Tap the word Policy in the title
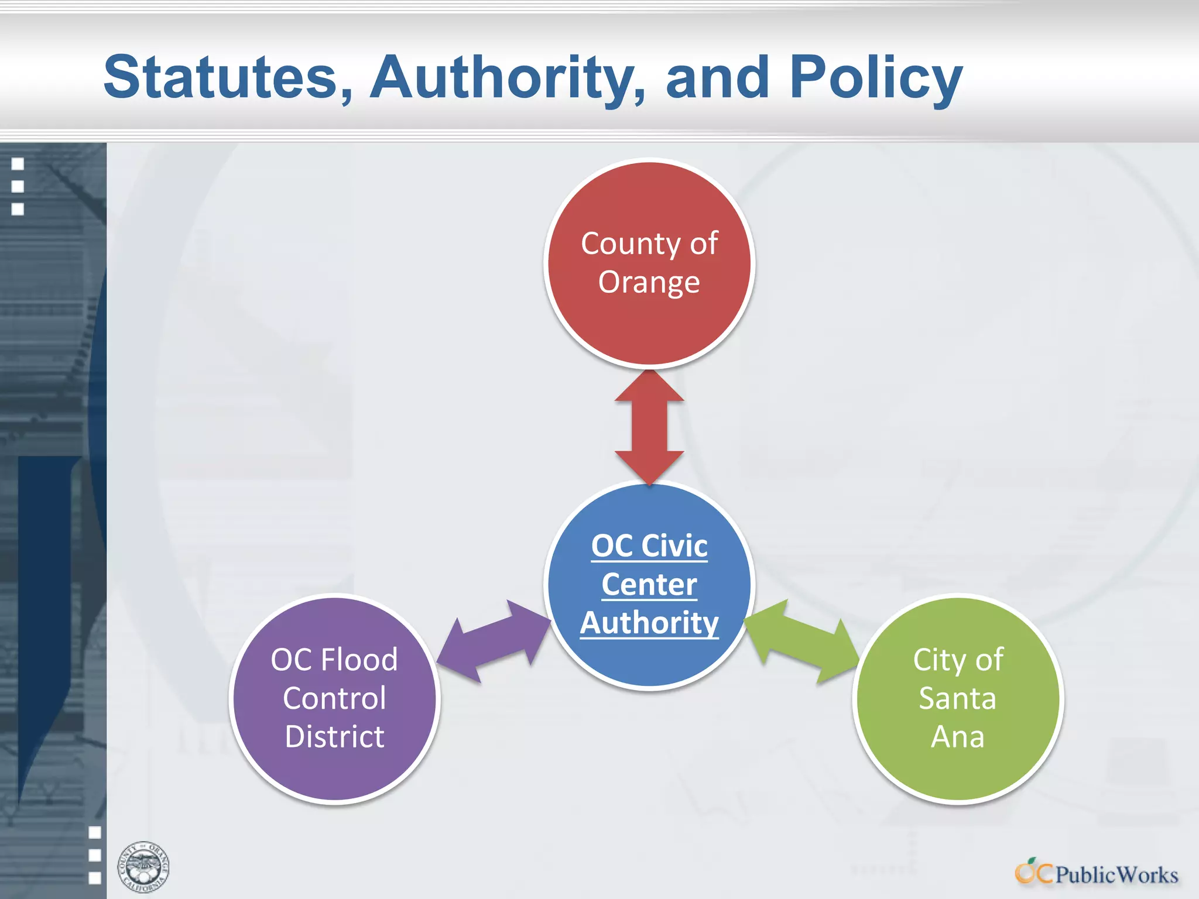[x=876, y=77]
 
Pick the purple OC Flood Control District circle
[x=334, y=773]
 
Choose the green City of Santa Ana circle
[x=958, y=773]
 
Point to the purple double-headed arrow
[x=495, y=641]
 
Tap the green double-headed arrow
[x=801, y=640]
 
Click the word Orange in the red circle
[x=649, y=282]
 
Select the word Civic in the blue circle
[x=674, y=546]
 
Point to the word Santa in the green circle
[x=957, y=698]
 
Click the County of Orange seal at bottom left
[x=143, y=867]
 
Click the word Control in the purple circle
[x=334, y=698]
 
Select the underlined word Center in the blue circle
[x=649, y=585]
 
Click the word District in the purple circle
[x=334, y=736]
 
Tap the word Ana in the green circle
[x=958, y=736]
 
